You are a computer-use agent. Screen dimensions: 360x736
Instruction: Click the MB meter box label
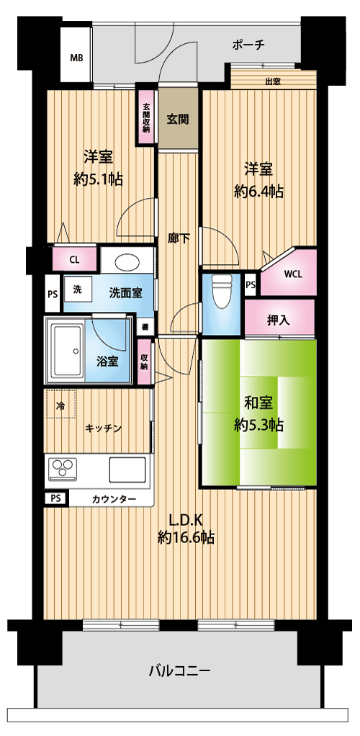pos(76,58)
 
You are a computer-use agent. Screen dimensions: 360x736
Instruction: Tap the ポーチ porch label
pos(249,45)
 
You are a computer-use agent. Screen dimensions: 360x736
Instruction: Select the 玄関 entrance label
pos(177,120)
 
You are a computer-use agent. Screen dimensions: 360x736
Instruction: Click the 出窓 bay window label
pos(273,81)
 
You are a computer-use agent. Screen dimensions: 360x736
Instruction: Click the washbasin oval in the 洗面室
pos(127,262)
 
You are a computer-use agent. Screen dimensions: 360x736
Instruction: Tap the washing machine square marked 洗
pos(76,290)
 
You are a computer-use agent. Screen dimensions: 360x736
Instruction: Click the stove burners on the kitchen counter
pos(63,470)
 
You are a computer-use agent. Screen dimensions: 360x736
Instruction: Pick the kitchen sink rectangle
pos(127,470)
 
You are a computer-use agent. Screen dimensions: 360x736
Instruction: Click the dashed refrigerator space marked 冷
pos(60,405)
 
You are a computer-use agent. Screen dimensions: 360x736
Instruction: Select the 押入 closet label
pos(279,320)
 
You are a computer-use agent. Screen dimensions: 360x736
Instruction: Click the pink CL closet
pos(74,259)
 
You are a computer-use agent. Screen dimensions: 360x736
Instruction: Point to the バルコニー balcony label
pos(180,670)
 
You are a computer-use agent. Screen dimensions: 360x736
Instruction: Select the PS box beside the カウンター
pos(55,498)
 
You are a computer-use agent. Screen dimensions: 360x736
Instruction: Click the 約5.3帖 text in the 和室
pos(258,426)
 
